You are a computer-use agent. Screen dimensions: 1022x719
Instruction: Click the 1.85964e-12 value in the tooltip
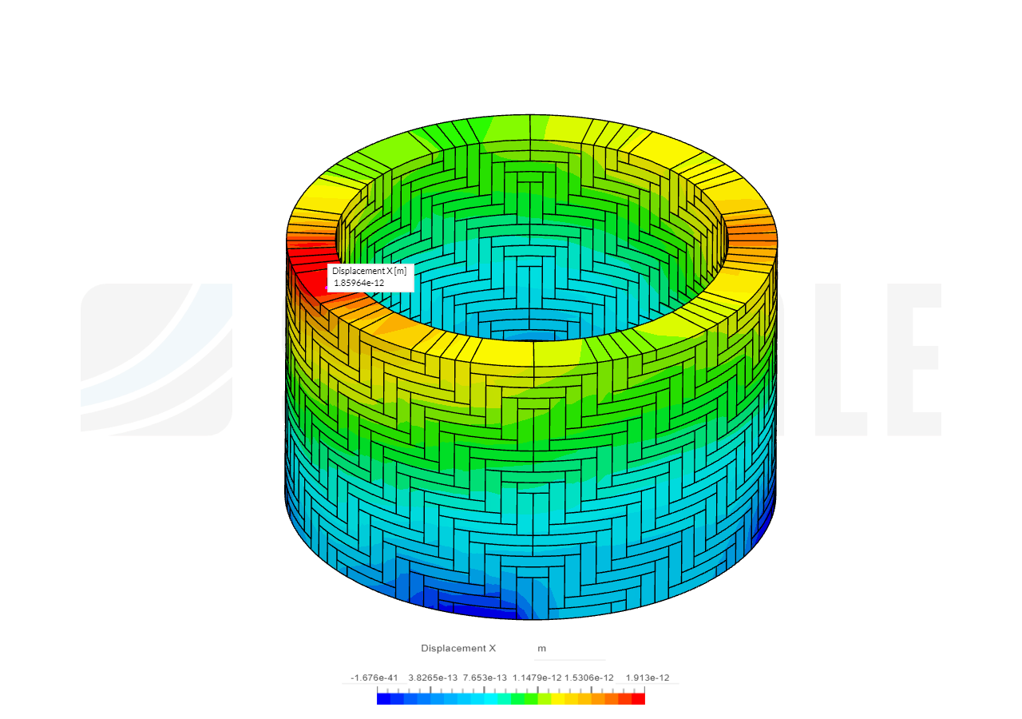pos(359,283)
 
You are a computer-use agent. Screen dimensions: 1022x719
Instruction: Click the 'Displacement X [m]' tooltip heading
pos(369,271)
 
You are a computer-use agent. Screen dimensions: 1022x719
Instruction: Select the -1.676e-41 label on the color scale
pos(374,677)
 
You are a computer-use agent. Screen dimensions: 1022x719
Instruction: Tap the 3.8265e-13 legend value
pos(433,677)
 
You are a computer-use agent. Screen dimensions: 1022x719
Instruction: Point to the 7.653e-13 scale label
pos(485,677)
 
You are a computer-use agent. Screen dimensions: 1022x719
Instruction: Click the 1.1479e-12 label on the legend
pos(537,677)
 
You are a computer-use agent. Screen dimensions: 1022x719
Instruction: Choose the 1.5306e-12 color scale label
pos(589,677)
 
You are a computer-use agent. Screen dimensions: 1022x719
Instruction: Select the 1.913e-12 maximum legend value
pos(647,677)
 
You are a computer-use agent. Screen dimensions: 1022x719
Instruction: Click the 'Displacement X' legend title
pos(458,648)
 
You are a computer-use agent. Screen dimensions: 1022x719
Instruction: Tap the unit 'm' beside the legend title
pos(541,649)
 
